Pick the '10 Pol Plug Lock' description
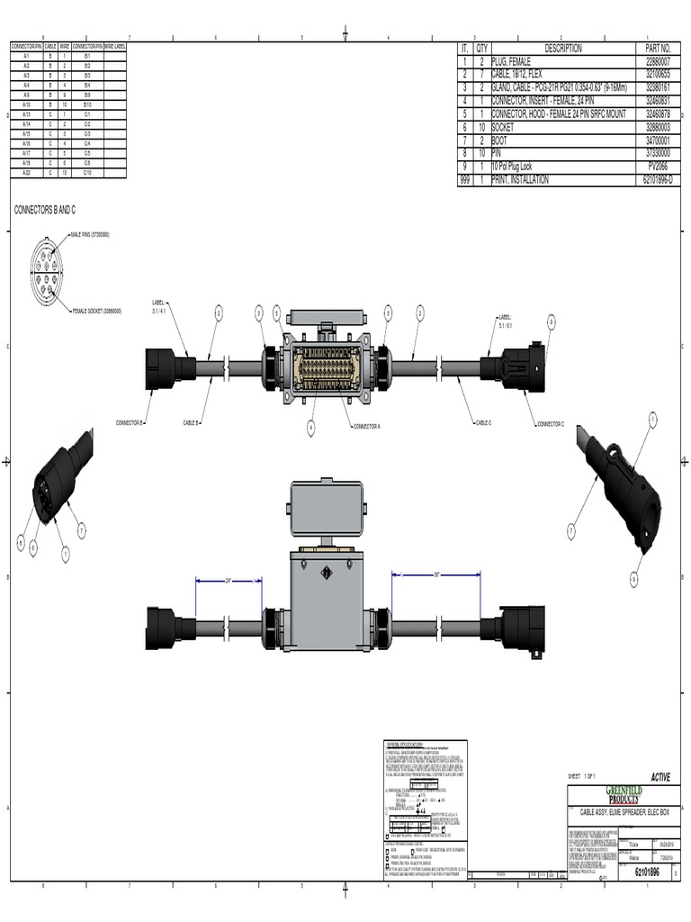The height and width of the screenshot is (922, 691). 518,167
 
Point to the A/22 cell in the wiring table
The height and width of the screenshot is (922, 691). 26,171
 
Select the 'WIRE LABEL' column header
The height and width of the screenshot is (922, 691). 115,44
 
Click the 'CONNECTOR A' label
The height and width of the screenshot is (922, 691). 366,425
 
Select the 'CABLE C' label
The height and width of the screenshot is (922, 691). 484,421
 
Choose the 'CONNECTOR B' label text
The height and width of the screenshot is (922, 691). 130,421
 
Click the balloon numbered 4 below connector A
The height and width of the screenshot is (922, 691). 311,425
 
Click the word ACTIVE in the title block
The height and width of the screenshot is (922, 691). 660,777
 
